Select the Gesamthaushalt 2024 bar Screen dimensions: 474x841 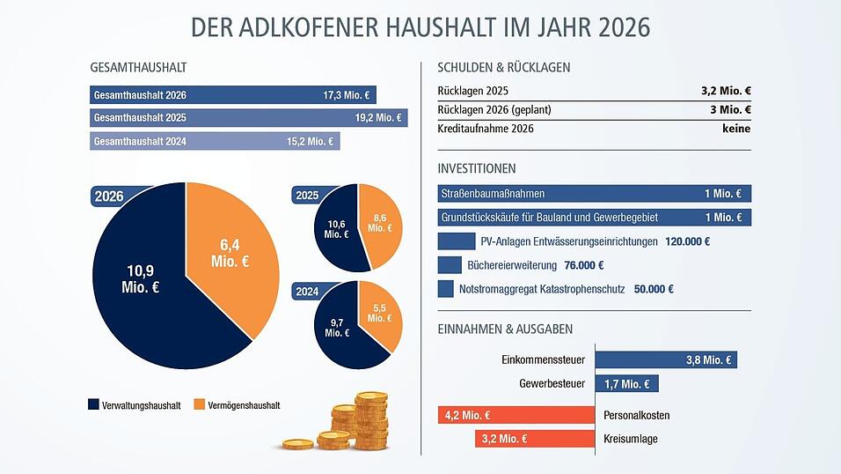tap(215, 142)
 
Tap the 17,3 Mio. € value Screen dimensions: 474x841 tap(347, 95)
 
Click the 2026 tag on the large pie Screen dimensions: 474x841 tap(109, 196)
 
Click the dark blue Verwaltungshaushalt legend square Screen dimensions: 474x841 tap(94, 405)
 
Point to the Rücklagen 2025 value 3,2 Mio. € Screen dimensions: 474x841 tap(720, 91)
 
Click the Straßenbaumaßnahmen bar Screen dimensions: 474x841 tap(594, 194)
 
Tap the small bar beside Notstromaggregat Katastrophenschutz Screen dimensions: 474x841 tap(445, 289)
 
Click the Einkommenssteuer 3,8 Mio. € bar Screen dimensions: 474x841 tap(666, 359)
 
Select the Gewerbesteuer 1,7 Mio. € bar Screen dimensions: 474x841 tap(627, 383)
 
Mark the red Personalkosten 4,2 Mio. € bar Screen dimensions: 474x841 tap(516, 415)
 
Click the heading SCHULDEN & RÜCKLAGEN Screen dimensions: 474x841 tap(504, 67)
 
